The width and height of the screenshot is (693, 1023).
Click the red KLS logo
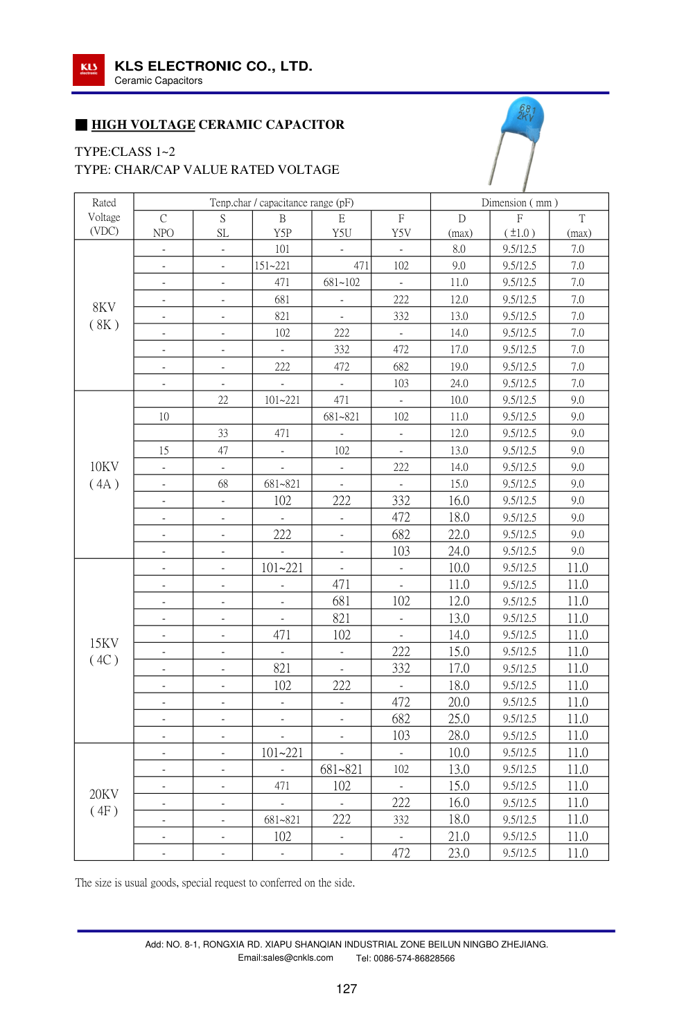pyautogui.click(x=89, y=69)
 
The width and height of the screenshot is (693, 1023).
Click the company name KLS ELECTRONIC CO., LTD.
pyautogui.click(x=213, y=66)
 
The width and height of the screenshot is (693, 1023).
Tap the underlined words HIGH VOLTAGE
pyautogui.click(x=143, y=125)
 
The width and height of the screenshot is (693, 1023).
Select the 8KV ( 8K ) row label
pyautogui.click(x=104, y=316)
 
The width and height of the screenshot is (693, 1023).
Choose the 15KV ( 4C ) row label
pyautogui.click(x=104, y=651)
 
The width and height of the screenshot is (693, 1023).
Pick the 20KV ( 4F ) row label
pyautogui.click(x=104, y=802)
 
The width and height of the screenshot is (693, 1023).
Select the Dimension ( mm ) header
pyautogui.click(x=519, y=202)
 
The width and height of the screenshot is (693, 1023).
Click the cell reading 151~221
pyautogui.click(x=272, y=265)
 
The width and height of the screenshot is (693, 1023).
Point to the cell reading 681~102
pyautogui.click(x=342, y=283)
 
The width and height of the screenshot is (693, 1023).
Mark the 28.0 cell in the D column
pyautogui.click(x=459, y=736)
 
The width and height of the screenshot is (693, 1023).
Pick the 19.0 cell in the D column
pyautogui.click(x=459, y=366)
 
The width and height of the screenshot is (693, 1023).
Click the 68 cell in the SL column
pyautogui.click(x=223, y=484)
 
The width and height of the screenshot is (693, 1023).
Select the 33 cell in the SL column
pyautogui.click(x=223, y=434)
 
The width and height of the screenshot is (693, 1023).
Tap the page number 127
pyautogui.click(x=346, y=989)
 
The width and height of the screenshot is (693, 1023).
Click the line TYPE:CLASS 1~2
pyautogui.click(x=125, y=152)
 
